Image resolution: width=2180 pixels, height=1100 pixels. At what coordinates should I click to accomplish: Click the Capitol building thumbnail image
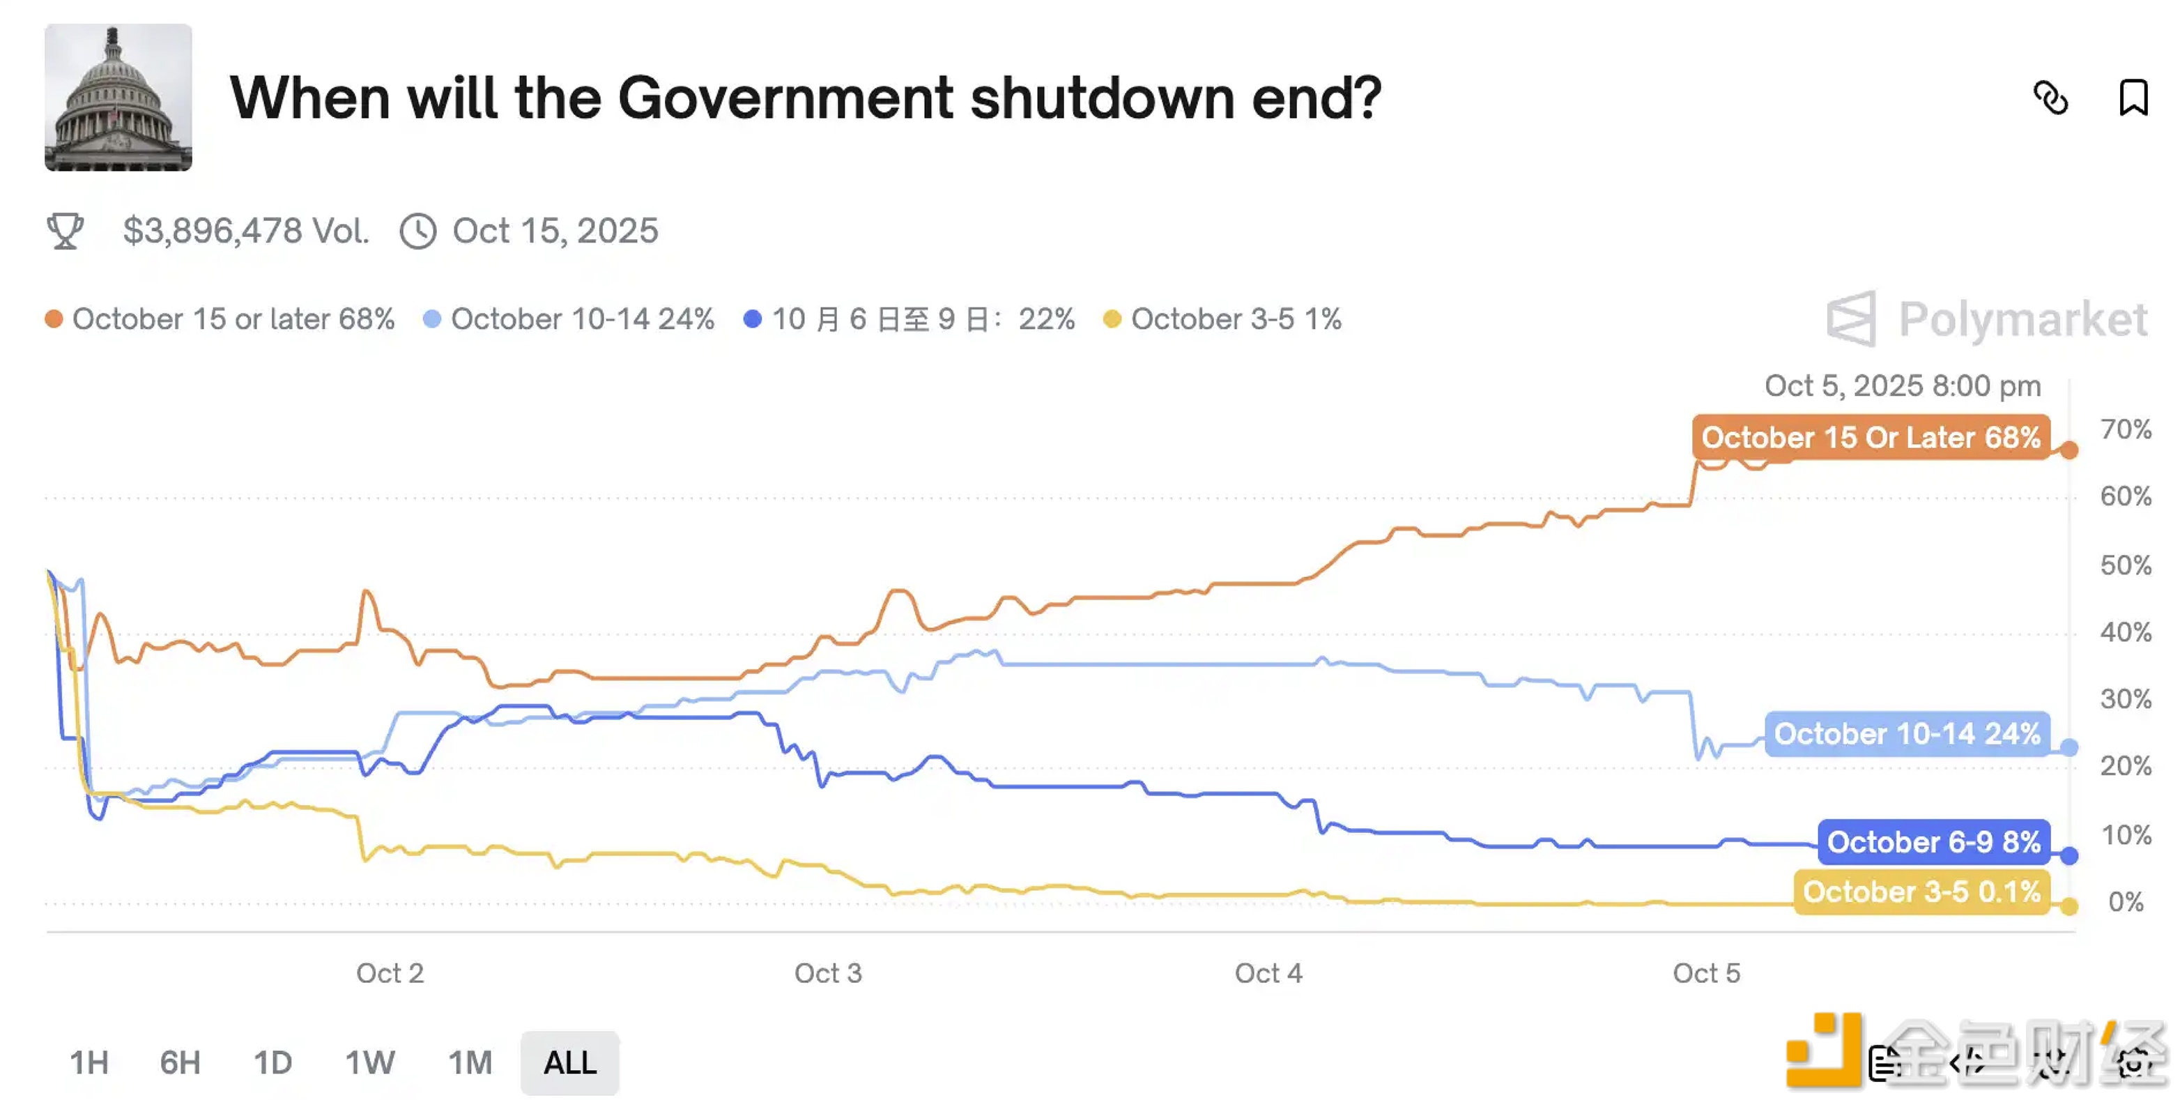118,98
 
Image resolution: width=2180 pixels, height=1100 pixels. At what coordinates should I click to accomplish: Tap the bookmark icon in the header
2133,98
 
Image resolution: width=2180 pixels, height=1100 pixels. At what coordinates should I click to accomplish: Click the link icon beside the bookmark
2050,98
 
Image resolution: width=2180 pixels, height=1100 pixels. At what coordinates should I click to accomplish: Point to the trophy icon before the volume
66,231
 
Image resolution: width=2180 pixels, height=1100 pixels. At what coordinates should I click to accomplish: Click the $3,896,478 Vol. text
245,231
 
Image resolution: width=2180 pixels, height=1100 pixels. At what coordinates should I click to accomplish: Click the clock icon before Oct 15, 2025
418,231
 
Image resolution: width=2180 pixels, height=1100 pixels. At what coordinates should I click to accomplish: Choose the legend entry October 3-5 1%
1223,319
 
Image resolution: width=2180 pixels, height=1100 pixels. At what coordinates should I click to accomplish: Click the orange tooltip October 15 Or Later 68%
1871,438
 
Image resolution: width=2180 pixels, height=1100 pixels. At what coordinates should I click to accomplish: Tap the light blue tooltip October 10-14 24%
1907,733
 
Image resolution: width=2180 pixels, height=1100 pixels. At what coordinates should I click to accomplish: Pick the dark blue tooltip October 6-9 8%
1934,842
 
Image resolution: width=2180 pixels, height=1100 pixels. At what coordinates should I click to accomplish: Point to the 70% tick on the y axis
2125,430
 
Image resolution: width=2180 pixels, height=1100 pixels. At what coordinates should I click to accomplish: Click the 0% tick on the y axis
2125,902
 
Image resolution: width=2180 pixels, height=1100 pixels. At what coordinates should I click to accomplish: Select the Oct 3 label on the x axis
828,973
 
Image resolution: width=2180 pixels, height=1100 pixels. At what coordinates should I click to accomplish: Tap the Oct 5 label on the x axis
1706,973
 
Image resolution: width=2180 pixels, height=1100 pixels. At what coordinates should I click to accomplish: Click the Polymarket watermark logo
1986,319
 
